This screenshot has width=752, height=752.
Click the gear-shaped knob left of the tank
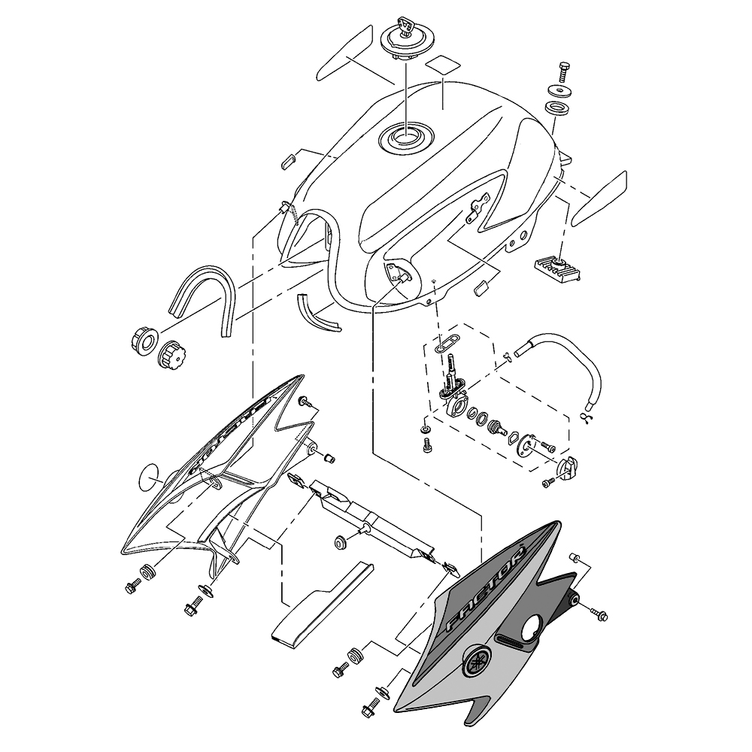pos(172,351)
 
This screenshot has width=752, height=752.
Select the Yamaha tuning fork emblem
pos(475,660)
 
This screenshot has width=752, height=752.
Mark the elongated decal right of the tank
pos(598,199)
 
